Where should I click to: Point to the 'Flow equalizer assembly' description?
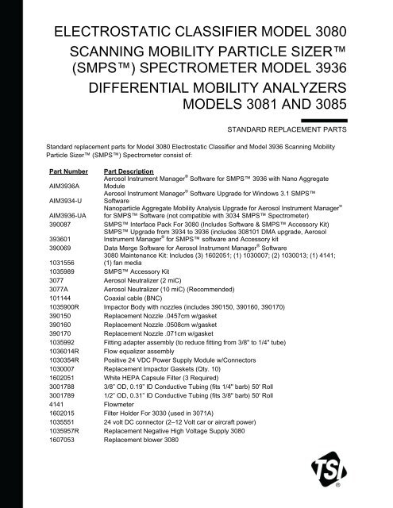click(141, 342)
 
